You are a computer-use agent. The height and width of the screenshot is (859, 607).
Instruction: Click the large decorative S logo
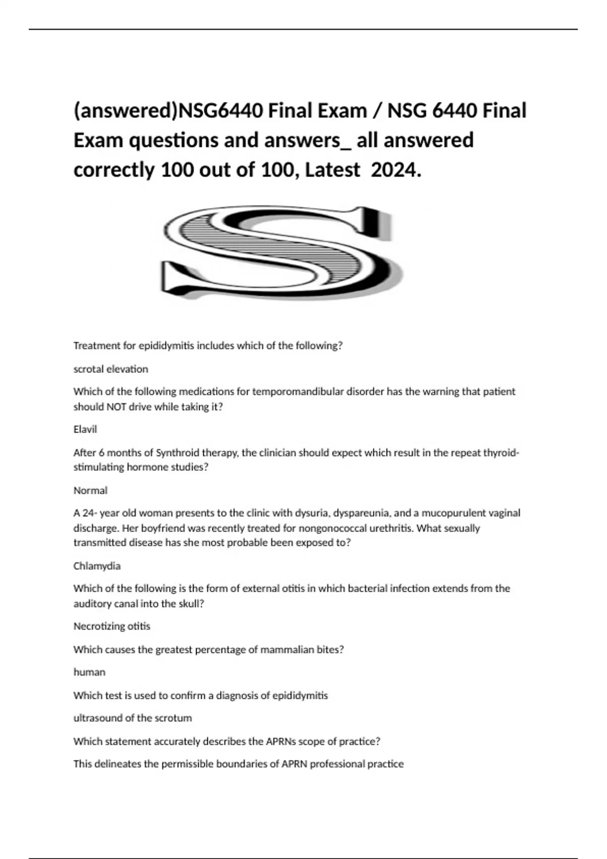click(x=281, y=252)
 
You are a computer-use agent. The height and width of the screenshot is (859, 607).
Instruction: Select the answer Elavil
click(x=85, y=429)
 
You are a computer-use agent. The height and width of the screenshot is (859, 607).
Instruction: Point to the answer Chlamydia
click(x=97, y=565)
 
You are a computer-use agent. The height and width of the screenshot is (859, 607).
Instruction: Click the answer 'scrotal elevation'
click(x=111, y=369)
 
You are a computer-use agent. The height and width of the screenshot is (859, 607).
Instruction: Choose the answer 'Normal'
click(x=91, y=490)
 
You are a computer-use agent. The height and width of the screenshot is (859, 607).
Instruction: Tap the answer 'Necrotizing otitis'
click(x=112, y=626)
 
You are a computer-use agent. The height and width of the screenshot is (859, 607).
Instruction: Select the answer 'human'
click(x=90, y=672)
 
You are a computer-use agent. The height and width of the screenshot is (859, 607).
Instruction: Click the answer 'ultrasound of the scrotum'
click(x=133, y=718)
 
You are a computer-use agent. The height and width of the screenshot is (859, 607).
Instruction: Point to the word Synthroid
click(x=177, y=452)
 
